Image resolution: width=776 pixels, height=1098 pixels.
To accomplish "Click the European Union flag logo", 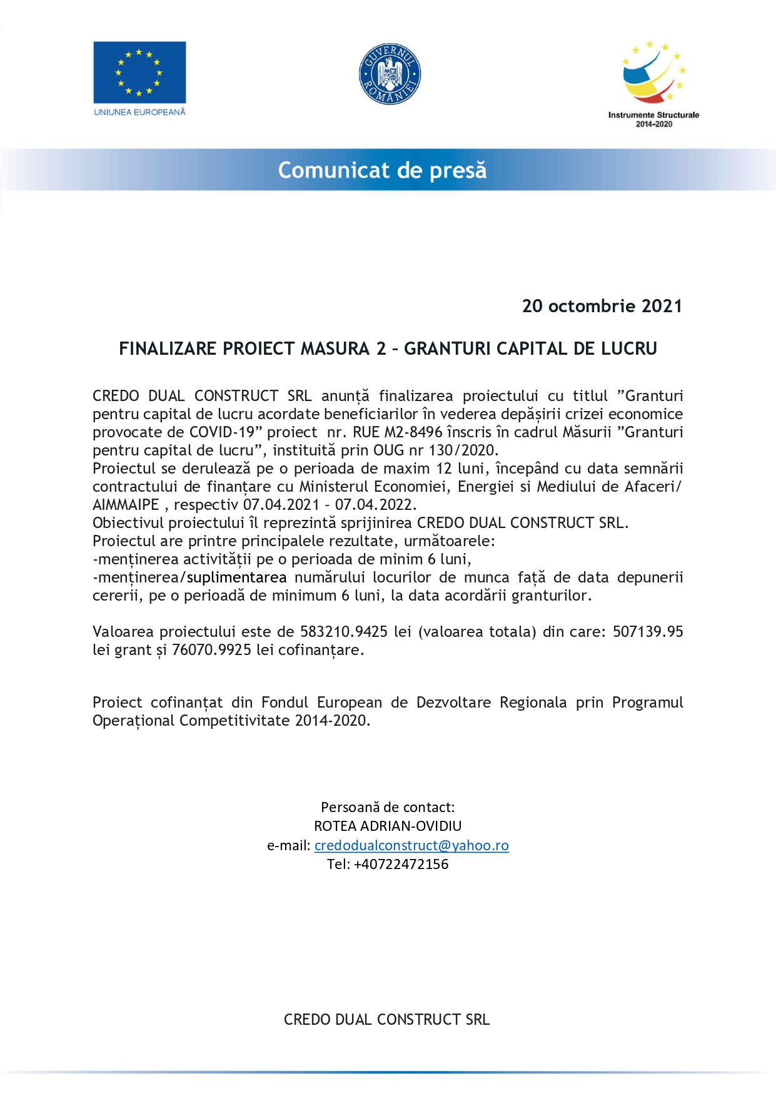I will [x=139, y=72].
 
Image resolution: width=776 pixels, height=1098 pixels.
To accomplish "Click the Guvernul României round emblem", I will [x=390, y=74].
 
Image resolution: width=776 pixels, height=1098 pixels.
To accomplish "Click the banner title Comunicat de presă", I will [x=382, y=170].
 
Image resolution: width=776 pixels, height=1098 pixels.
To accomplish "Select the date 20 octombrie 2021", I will [x=602, y=306].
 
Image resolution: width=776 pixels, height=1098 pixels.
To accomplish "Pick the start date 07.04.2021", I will [x=281, y=505].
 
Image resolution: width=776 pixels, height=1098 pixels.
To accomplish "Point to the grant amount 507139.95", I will [x=648, y=632].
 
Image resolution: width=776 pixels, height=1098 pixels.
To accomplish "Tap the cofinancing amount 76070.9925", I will [x=211, y=650].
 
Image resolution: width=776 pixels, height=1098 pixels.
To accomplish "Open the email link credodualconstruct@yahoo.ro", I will [x=411, y=845].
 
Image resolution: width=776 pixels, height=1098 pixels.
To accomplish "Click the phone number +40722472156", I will [x=401, y=864].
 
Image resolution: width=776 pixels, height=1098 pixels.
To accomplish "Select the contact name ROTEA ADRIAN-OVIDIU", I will [x=388, y=826].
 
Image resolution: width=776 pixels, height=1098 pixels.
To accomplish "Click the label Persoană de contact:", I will [x=388, y=807].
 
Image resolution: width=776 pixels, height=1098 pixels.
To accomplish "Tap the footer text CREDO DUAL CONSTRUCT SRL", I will [x=386, y=1019].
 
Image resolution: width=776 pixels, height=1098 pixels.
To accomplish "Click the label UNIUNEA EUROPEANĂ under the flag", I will [x=139, y=112].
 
